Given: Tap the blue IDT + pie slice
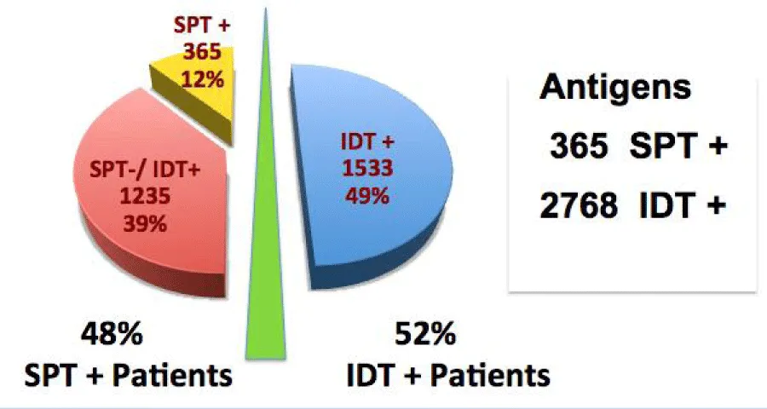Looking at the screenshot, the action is pyautogui.click(x=372, y=176).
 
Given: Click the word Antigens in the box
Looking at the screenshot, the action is pyautogui.click(x=615, y=88).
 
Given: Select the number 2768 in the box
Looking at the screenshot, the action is pyautogui.click(x=579, y=206).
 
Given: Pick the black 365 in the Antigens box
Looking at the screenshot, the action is pyautogui.click(x=579, y=147).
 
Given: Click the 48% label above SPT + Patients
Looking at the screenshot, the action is pyautogui.click(x=112, y=334).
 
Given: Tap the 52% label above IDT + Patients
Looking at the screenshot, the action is pyautogui.click(x=425, y=334).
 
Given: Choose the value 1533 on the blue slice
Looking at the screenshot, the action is pyautogui.click(x=367, y=169).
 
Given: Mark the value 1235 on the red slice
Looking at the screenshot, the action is pyautogui.click(x=145, y=197).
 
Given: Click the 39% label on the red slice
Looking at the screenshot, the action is pyautogui.click(x=145, y=224).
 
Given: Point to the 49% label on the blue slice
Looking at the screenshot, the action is pyautogui.click(x=367, y=196).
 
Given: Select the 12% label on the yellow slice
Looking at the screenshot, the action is pyautogui.click(x=203, y=78).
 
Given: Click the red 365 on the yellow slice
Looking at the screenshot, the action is pyautogui.click(x=202, y=51).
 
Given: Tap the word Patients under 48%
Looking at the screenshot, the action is pyautogui.click(x=172, y=376).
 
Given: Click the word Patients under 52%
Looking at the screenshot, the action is pyautogui.click(x=491, y=376).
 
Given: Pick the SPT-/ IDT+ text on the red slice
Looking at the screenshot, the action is pyautogui.click(x=145, y=170).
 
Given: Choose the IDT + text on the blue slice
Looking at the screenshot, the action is pyautogui.click(x=367, y=142).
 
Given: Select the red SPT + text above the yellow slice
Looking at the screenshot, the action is pyautogui.click(x=201, y=25).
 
